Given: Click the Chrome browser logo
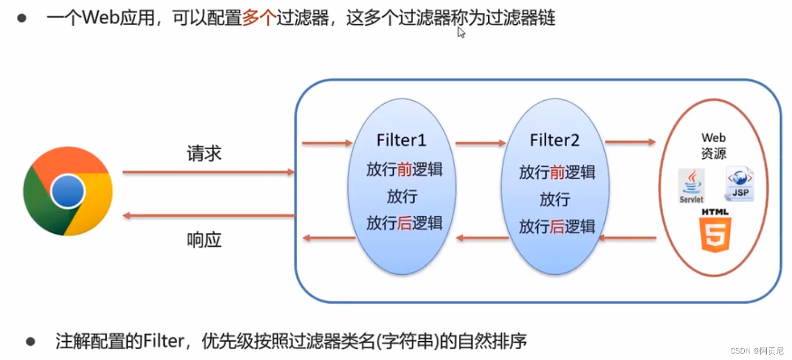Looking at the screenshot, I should pos(68,191).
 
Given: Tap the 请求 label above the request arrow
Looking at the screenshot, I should pos(204,154).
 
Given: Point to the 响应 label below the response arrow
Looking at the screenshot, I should pos(204,240).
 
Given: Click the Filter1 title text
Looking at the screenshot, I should pos(401,141).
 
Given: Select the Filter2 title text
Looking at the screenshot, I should pos(555,141).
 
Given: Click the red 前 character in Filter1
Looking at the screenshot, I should pos(404,170).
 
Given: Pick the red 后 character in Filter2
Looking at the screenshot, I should pos(558,226).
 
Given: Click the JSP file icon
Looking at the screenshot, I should pos(740,183).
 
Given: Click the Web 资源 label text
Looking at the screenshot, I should pos(714,146).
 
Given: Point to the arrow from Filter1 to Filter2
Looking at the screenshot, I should pos(481,143).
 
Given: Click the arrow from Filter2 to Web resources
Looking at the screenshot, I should pos(630,142).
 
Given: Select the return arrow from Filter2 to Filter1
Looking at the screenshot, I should pos(482,238).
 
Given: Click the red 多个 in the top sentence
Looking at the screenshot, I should pos(259,19).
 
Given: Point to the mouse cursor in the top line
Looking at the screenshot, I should pos(460,32).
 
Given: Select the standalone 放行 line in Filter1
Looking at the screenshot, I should pos(402,196).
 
